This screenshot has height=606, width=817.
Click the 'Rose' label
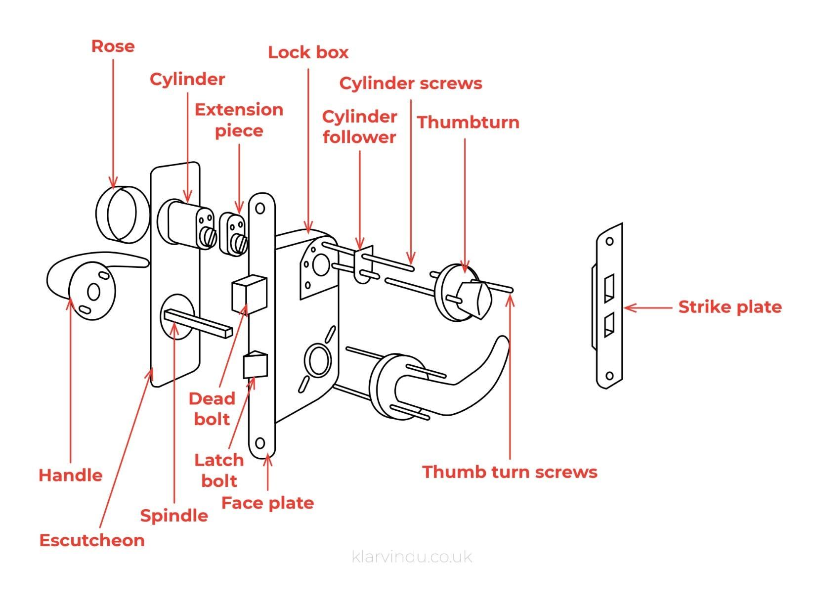click(113, 46)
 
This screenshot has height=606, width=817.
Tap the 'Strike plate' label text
click(730, 307)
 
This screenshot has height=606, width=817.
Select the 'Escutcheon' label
click(92, 540)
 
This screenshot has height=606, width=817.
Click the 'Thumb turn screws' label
click(510, 472)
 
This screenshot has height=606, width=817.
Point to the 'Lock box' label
click(308, 52)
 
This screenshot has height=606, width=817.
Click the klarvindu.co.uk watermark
click(412, 557)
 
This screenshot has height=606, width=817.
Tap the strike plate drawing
click(609, 306)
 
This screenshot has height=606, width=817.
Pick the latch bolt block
click(255, 364)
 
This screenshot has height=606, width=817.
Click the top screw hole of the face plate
click(260, 209)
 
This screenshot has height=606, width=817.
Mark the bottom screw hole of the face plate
click(260, 443)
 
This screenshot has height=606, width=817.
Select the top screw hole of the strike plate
click(609, 242)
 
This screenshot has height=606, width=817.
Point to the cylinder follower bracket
click(363, 264)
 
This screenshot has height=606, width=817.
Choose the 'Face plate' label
click(267, 503)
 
